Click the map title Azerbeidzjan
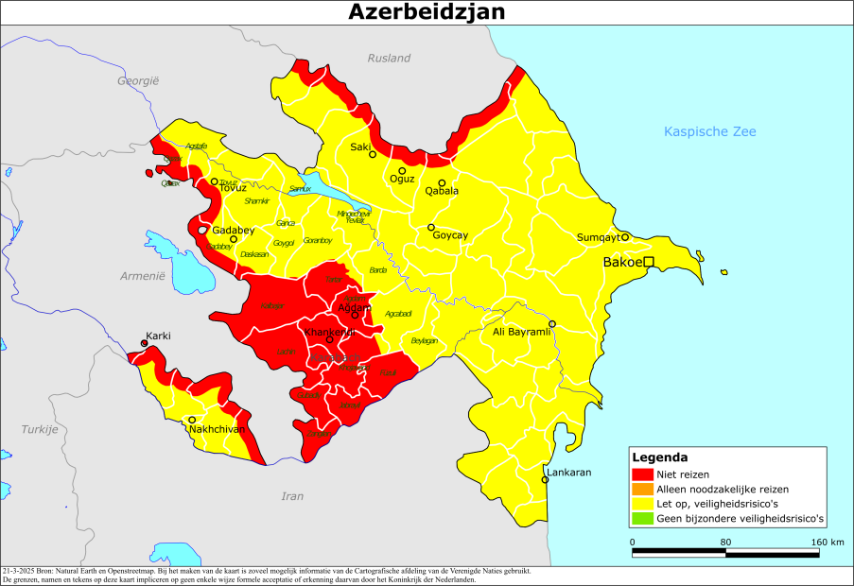coord(427,11)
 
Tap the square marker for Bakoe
coord(650,262)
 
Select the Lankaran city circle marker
coord(545,480)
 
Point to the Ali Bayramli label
coord(520,333)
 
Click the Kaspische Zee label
coord(710,131)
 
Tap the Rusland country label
coord(389,58)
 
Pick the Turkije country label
coord(41,429)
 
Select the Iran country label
coord(293,495)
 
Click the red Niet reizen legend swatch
coord(643,474)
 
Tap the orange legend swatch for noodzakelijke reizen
coord(643,490)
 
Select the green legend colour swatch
coord(643,519)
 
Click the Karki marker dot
coord(144,344)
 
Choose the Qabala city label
coord(442,191)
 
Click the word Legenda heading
coord(658,457)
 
